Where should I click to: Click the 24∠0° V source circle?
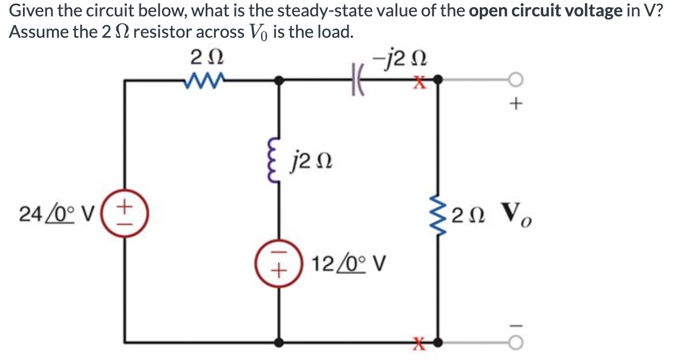(126, 212)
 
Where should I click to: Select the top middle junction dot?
(279, 81)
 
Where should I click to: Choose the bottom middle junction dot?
(279, 342)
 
